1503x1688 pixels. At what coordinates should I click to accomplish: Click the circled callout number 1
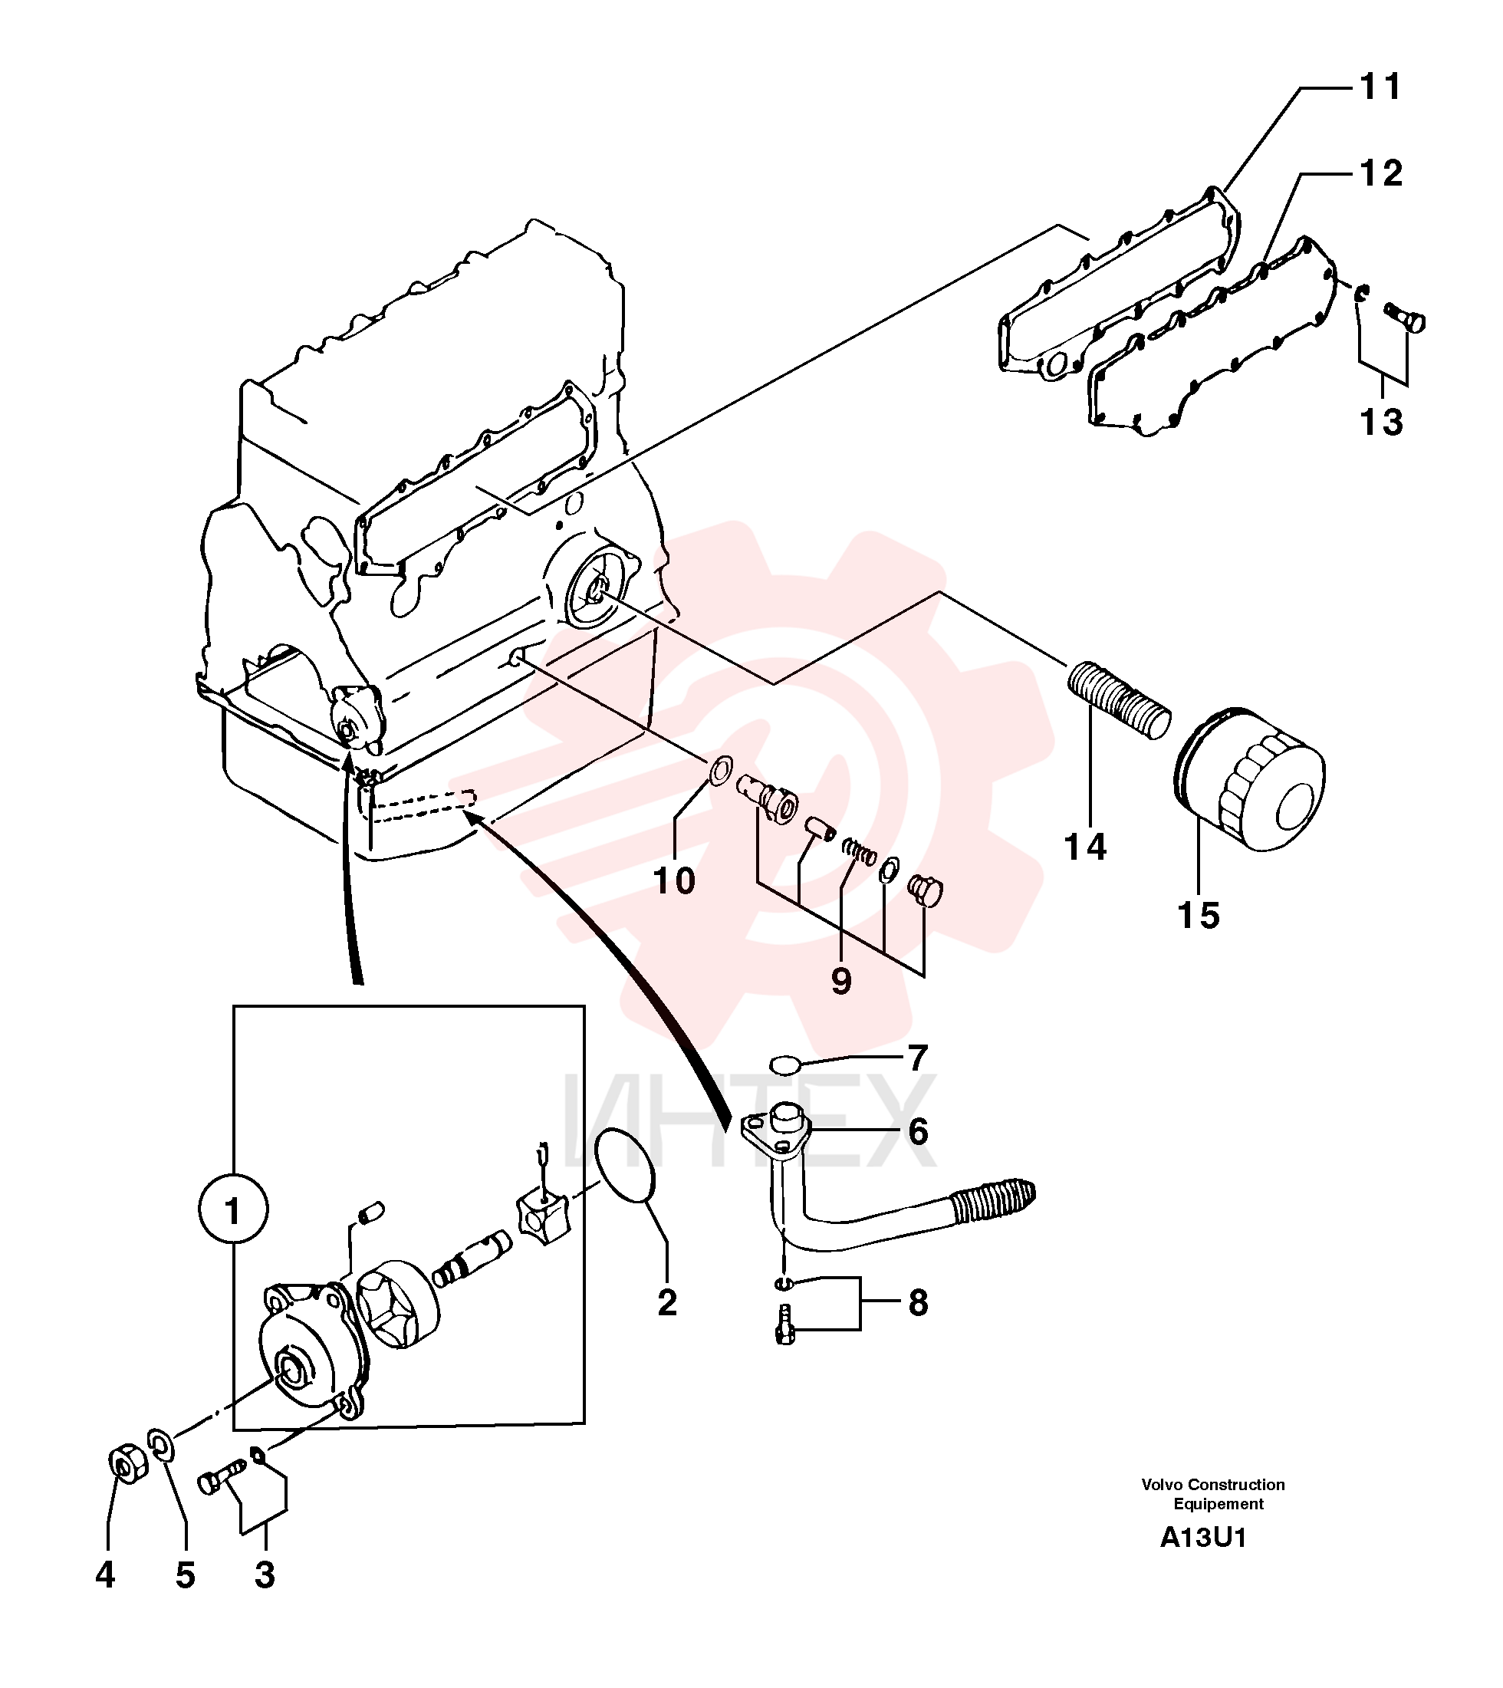pos(233,1211)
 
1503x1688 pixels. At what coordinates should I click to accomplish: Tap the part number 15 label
pos(1199,916)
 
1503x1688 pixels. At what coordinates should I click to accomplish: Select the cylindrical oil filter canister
pos(1249,780)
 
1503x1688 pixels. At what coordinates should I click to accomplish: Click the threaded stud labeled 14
pos(1119,701)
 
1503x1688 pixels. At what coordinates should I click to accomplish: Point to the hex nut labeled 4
pos(128,1465)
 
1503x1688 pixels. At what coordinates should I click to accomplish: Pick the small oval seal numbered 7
pos(786,1064)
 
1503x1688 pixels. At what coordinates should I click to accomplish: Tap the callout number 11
pos(1381,87)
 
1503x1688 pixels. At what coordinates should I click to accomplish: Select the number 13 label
pos(1381,422)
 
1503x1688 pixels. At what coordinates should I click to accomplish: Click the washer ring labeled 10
pos(720,770)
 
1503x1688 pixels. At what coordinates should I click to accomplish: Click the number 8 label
pos(919,1302)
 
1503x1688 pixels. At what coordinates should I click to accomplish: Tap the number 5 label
pos(185,1576)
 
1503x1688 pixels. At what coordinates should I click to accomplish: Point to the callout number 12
pos(1381,173)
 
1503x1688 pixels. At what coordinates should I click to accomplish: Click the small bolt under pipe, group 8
pos(785,1327)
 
